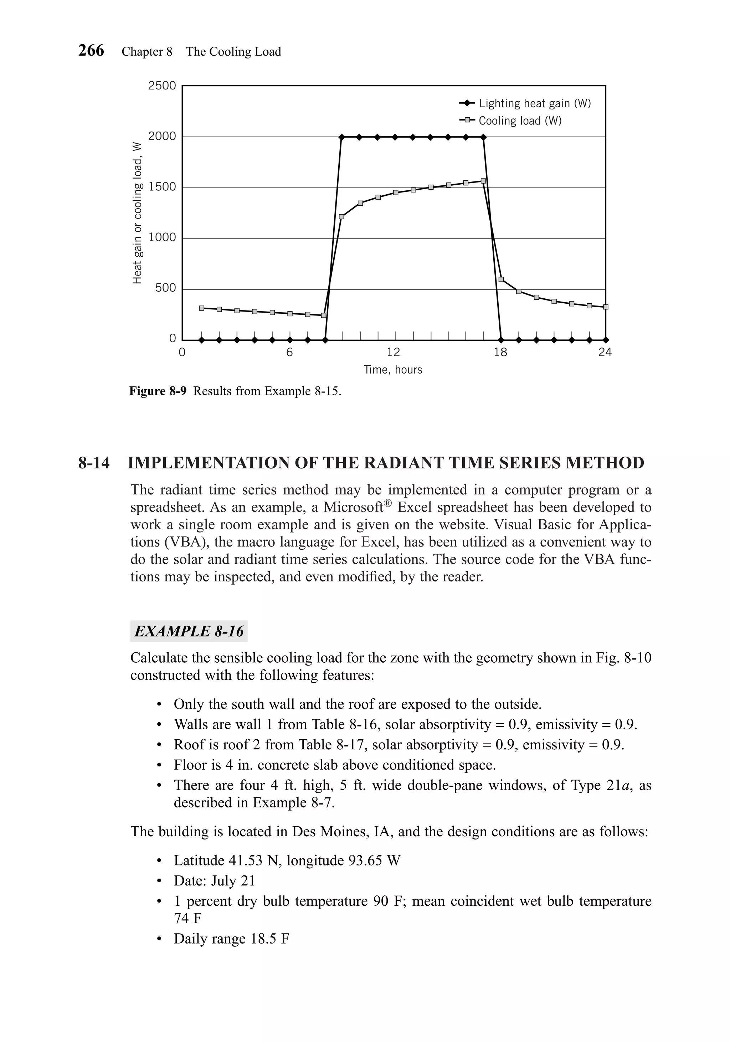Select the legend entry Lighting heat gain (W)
tap(534, 104)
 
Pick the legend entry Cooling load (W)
tap(520, 121)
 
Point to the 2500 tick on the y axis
tap(162, 86)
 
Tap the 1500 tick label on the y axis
tap(162, 187)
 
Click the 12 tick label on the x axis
tap(394, 352)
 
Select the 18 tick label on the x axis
tap(500, 352)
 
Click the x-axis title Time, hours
tap(393, 370)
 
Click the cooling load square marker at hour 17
tap(483, 181)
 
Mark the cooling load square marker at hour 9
tap(341, 217)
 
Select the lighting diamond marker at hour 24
tap(606, 340)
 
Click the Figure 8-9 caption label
tap(158, 391)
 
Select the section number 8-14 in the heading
tap(94, 463)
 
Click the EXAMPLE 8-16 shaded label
tap(189, 631)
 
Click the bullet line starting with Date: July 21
tap(215, 881)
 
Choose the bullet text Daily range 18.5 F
tap(231, 939)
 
